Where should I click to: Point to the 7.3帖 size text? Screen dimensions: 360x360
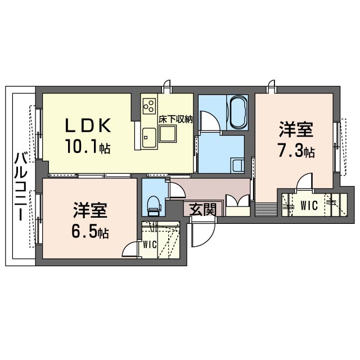tap(295, 151)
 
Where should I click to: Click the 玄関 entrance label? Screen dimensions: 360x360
tap(201, 210)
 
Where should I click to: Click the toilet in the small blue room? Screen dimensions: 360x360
tap(154, 205)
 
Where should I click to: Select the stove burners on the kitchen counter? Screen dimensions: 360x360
tap(149, 105)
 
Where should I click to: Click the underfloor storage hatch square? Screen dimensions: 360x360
tap(168, 134)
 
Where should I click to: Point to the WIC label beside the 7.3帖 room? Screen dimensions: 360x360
tap(308, 205)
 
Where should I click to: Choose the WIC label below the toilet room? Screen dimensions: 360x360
tap(149, 245)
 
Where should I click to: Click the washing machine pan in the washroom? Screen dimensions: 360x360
tap(237, 164)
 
